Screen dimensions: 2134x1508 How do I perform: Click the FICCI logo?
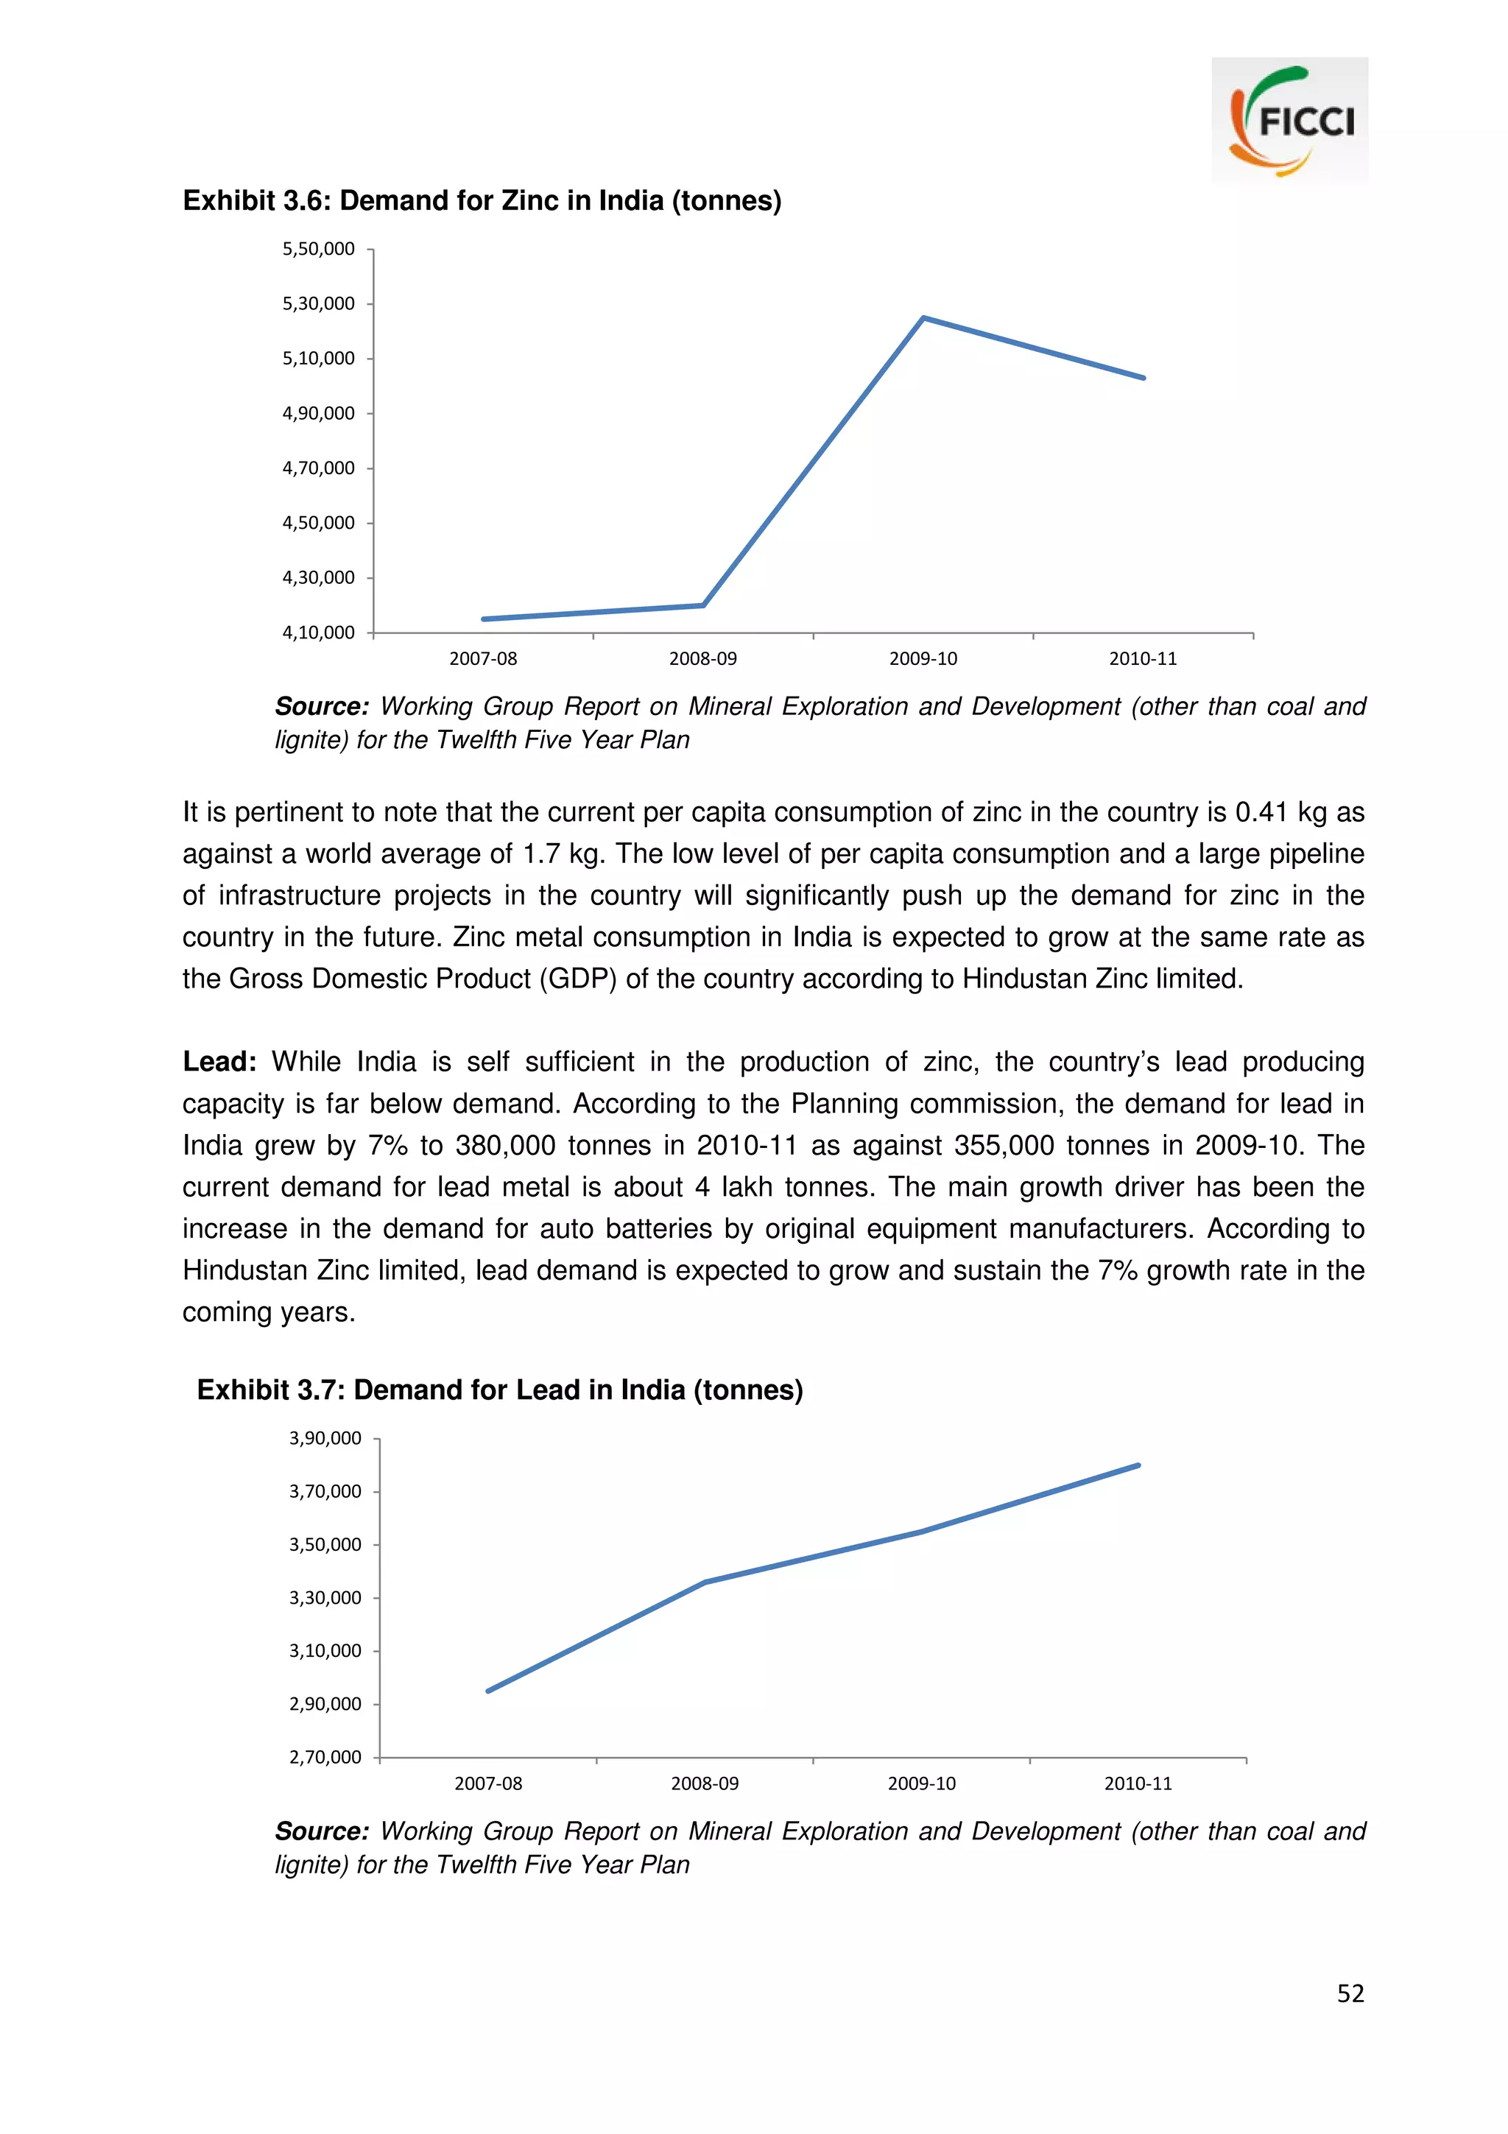(1289, 120)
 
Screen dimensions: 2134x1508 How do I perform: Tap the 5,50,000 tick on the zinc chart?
(319, 249)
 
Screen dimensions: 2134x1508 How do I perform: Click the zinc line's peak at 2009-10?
(923, 319)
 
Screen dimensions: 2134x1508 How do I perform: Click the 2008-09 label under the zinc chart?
(702, 659)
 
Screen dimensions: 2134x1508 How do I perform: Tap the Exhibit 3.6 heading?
(482, 201)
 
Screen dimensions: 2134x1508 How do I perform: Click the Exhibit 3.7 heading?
(500, 1390)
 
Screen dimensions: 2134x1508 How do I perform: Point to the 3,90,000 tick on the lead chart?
(325, 1439)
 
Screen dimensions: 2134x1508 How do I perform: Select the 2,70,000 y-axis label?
(325, 1758)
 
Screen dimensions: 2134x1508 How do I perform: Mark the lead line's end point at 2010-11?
(1138, 1465)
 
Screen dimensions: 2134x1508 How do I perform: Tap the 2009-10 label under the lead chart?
(921, 1783)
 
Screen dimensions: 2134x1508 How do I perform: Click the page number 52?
(1350, 1993)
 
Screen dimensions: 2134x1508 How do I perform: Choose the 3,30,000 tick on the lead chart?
(325, 1598)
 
